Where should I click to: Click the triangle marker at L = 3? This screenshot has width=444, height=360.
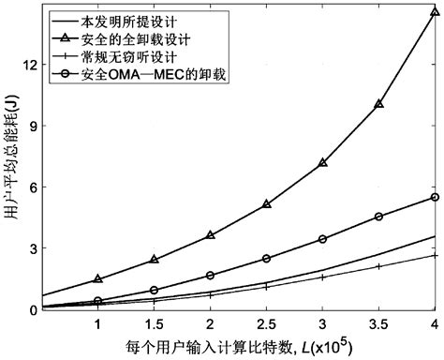323,162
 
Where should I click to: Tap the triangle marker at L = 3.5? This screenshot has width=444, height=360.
379,104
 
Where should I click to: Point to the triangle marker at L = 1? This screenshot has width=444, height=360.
97,279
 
